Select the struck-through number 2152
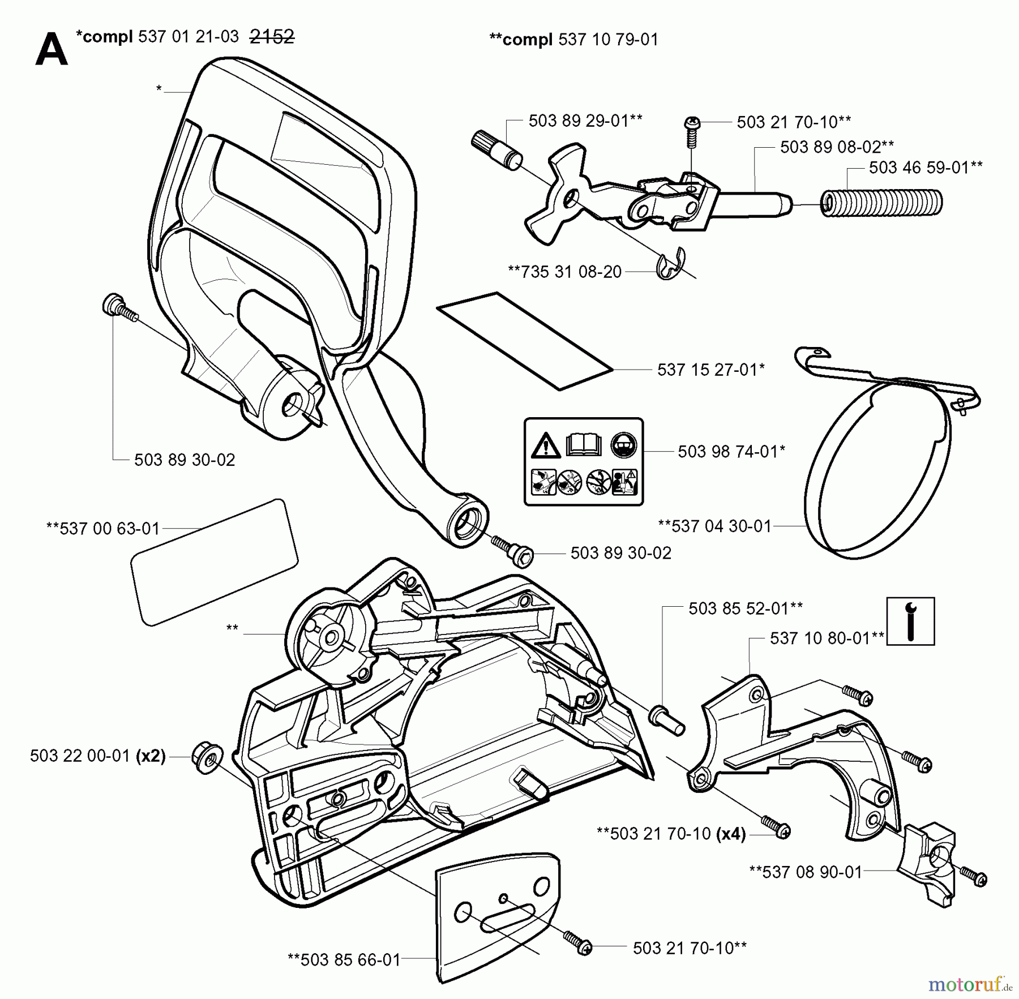tap(272, 37)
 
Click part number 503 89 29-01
tap(585, 121)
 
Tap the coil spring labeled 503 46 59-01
tap(881, 202)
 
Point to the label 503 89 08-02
tap(837, 147)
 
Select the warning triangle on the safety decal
tap(546, 445)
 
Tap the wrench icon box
tap(910, 621)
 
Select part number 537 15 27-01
tap(711, 370)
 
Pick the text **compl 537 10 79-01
tap(573, 40)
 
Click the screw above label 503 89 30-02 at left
tap(119, 308)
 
